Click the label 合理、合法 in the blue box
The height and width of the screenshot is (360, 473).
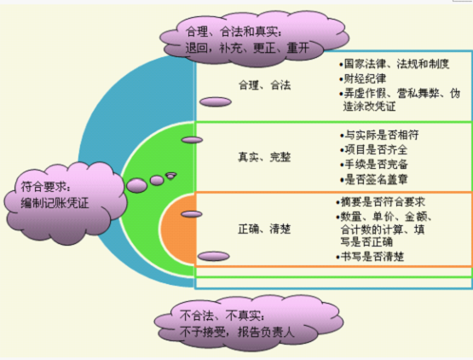tap(264, 85)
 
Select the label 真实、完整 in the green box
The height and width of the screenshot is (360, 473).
tap(264, 157)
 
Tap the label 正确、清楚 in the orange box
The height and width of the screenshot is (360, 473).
tap(264, 229)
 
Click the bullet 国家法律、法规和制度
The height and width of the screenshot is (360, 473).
tap(395, 64)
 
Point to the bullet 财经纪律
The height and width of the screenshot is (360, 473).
tap(362, 78)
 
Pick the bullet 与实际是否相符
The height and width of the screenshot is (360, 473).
tap(379, 135)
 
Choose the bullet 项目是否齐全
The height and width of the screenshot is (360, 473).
tap(374, 149)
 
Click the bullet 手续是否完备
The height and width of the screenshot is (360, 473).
tap(374, 165)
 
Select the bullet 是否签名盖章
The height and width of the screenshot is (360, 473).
tap(374, 179)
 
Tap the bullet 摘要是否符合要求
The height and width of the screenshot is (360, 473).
tap(381, 201)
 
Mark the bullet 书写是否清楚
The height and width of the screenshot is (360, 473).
tap(370, 257)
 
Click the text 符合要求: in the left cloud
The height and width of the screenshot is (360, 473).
tap(45, 187)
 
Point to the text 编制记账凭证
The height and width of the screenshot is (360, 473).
tap(55, 203)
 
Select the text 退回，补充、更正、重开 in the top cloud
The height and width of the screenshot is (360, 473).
tap(247, 48)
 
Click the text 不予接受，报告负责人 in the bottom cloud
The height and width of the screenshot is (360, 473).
tap(237, 332)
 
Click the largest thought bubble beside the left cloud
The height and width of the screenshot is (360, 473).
tap(136, 185)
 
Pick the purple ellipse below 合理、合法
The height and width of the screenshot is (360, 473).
tap(216, 102)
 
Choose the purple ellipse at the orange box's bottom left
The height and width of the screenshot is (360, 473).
tap(214, 257)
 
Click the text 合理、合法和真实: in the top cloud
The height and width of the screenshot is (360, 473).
tap(234, 32)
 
